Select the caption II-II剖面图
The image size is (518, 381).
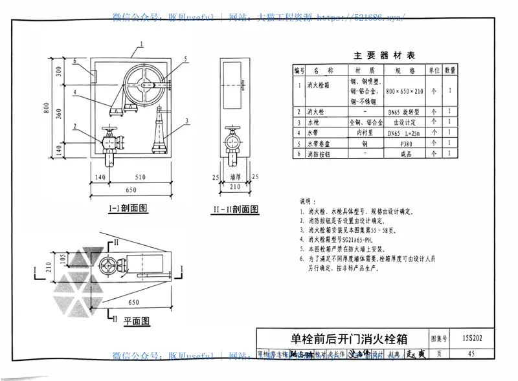pos(235,210)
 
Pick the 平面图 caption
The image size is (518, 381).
pos(136,321)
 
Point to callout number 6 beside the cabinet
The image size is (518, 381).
pos(75,61)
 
